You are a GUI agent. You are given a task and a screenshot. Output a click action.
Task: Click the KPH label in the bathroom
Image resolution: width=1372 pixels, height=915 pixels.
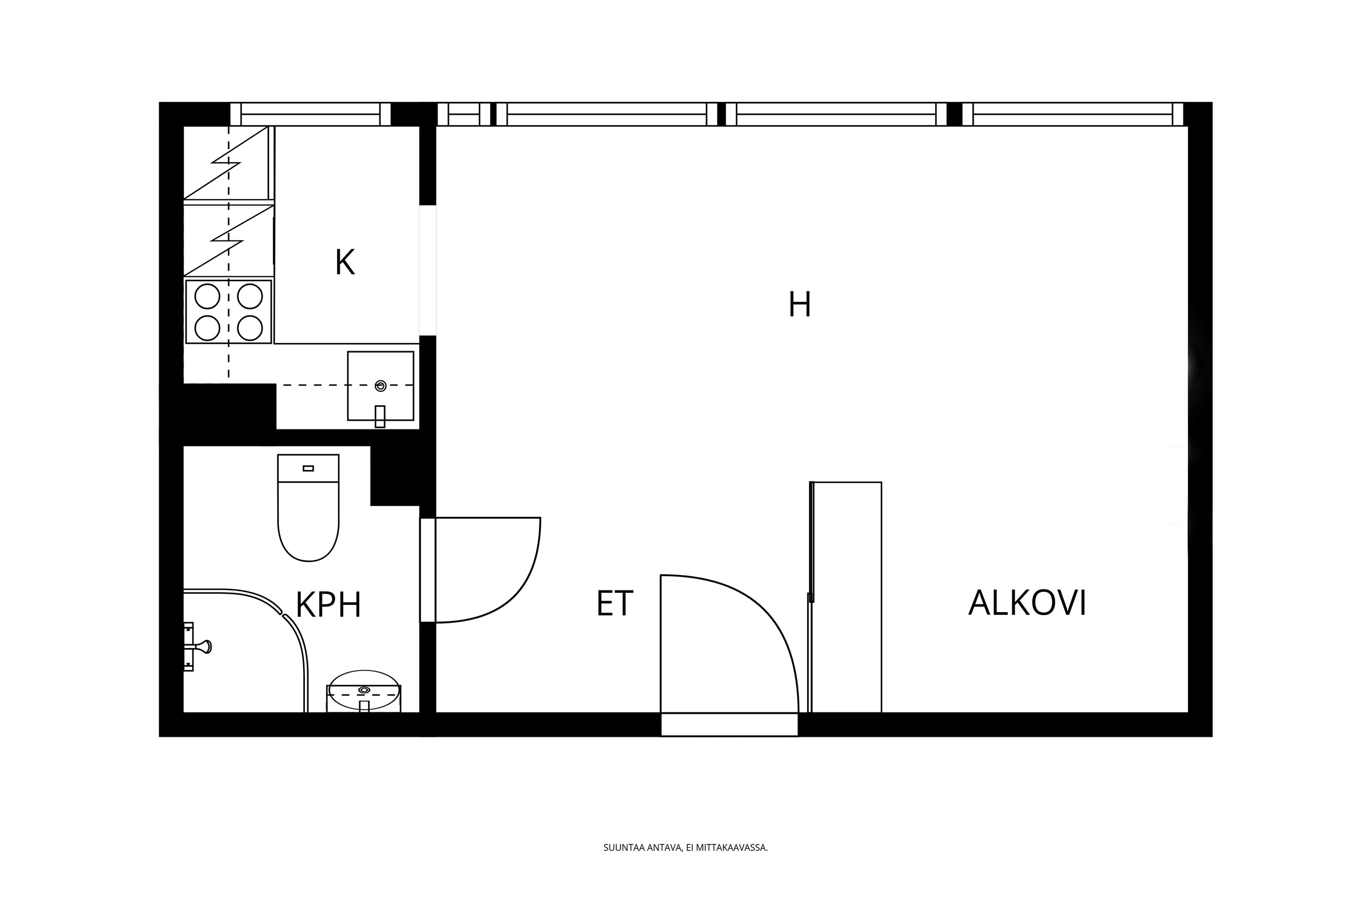pos(328,605)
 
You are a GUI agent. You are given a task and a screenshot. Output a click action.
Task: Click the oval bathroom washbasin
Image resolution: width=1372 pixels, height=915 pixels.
pos(364,690)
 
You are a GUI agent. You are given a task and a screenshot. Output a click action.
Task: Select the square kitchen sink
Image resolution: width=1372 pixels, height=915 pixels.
pos(380,386)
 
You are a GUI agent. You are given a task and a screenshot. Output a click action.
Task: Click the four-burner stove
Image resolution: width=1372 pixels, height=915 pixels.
pos(229,312)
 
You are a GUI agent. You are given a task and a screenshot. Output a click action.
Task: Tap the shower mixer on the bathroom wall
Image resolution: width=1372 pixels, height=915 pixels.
pos(196,646)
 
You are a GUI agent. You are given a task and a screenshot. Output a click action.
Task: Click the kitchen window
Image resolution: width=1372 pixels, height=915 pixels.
pos(310,114)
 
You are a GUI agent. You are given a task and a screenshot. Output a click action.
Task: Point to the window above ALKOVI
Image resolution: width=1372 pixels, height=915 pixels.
pos(1072,114)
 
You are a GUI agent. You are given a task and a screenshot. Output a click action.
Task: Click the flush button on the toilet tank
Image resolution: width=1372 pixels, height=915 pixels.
pos(308,468)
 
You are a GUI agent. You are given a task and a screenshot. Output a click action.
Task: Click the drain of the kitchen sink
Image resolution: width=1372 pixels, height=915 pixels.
pos(380,386)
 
